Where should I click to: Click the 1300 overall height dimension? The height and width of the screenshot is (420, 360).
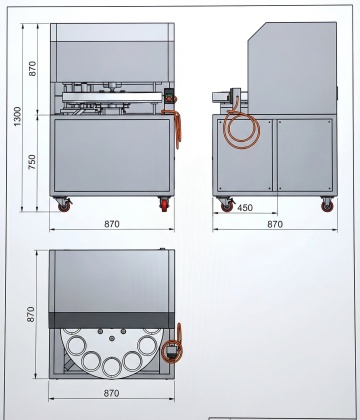pos(17,116)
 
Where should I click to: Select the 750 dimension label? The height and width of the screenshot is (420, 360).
pos(32,162)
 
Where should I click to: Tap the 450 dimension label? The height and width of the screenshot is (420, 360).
pos(245,208)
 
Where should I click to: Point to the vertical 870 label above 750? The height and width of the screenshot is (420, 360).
pos(32,68)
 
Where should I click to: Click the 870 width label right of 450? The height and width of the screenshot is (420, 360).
pos(275,224)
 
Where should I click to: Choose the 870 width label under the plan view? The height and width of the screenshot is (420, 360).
pos(111,393)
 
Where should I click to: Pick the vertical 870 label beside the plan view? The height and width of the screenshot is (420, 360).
pos(30,314)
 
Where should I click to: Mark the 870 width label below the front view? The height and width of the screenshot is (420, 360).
pos(112,224)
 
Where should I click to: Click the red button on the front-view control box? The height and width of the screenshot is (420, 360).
pos(169,99)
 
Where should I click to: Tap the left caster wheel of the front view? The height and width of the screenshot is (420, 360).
pos(64,207)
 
